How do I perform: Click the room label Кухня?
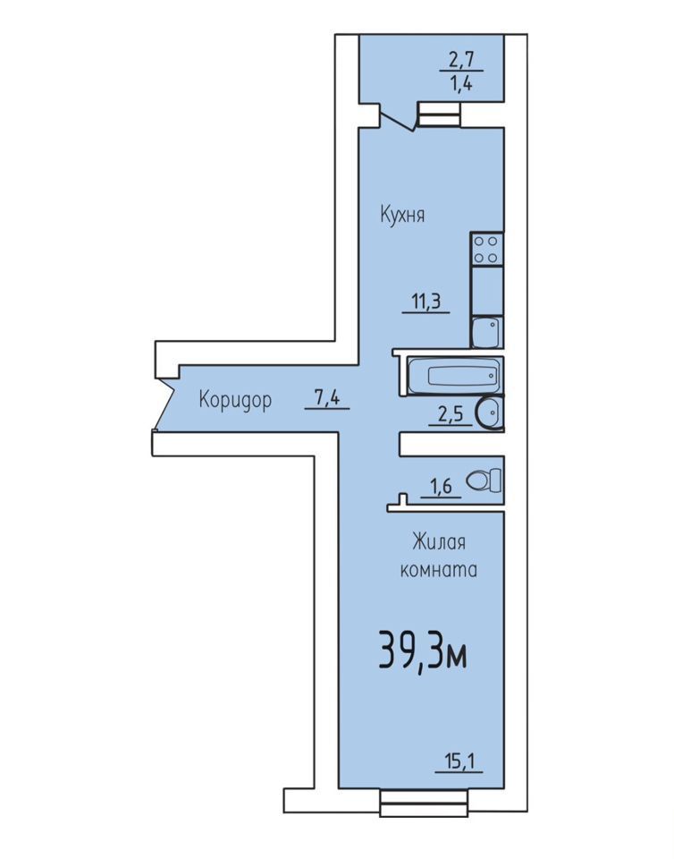point(402,214)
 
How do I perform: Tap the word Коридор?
point(235,400)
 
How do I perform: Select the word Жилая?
point(439,542)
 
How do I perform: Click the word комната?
point(439,570)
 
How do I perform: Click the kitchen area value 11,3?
point(426,302)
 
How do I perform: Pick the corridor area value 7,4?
point(327,397)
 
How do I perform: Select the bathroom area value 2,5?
point(451,414)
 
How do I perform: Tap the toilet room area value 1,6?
point(439,486)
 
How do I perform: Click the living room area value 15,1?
point(459,761)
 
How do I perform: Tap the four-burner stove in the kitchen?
point(486,250)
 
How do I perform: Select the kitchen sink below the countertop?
point(485,332)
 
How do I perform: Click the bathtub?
point(454,375)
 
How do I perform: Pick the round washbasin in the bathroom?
point(490,413)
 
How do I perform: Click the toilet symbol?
point(484,481)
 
